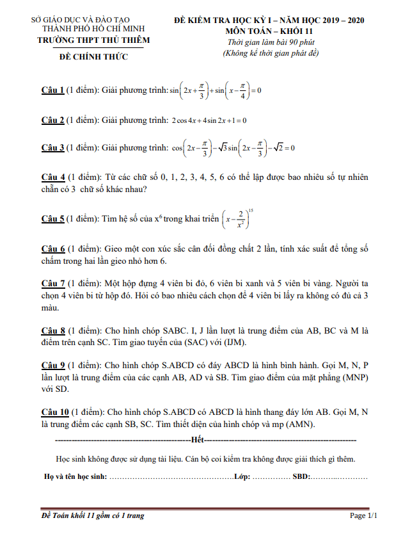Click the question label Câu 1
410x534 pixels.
click(52, 90)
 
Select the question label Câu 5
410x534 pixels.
click(52, 219)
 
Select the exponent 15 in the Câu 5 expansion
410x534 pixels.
click(251, 210)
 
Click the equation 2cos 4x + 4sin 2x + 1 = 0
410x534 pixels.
click(209, 120)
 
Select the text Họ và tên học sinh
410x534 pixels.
click(75, 477)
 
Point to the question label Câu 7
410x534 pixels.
click(52, 282)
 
